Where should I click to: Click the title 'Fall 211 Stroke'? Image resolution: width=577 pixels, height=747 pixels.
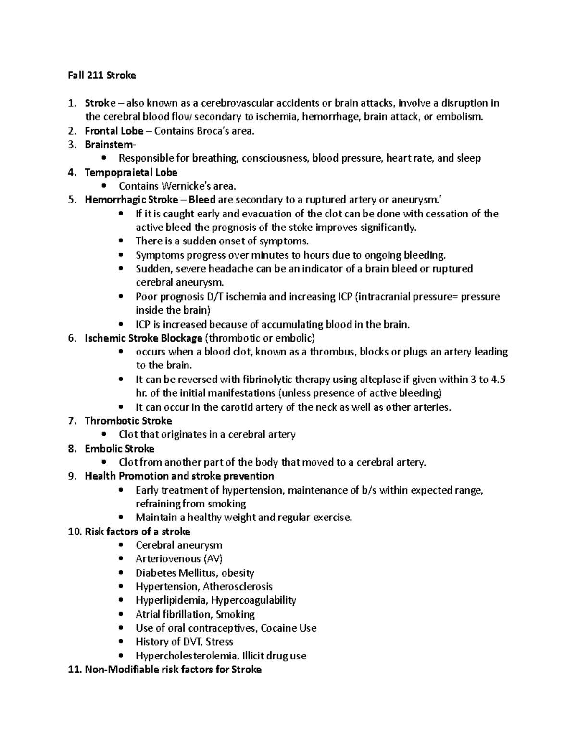(x=101, y=76)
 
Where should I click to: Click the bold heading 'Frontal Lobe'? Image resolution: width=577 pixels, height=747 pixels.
(x=114, y=131)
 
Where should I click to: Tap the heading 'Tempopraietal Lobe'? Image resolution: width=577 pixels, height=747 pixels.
(x=131, y=172)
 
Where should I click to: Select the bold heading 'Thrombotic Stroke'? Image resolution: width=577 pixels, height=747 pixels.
(x=128, y=421)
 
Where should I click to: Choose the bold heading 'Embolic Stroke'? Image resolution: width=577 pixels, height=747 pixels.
(x=119, y=449)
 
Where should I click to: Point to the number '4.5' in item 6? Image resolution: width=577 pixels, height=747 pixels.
(x=498, y=380)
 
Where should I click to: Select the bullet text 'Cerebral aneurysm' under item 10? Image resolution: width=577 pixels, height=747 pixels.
(x=179, y=545)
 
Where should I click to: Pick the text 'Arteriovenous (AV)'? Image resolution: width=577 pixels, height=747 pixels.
(x=179, y=559)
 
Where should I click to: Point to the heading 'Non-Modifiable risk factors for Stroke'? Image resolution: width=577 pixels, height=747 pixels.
(x=173, y=670)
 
